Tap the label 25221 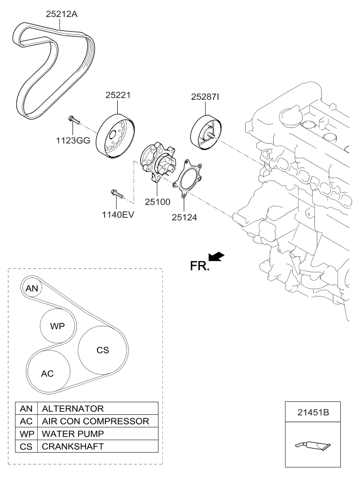(x=118, y=96)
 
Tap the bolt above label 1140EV (x=118, y=194)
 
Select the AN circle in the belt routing (x=32, y=288)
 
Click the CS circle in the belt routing (x=103, y=350)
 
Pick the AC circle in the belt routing (x=48, y=373)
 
